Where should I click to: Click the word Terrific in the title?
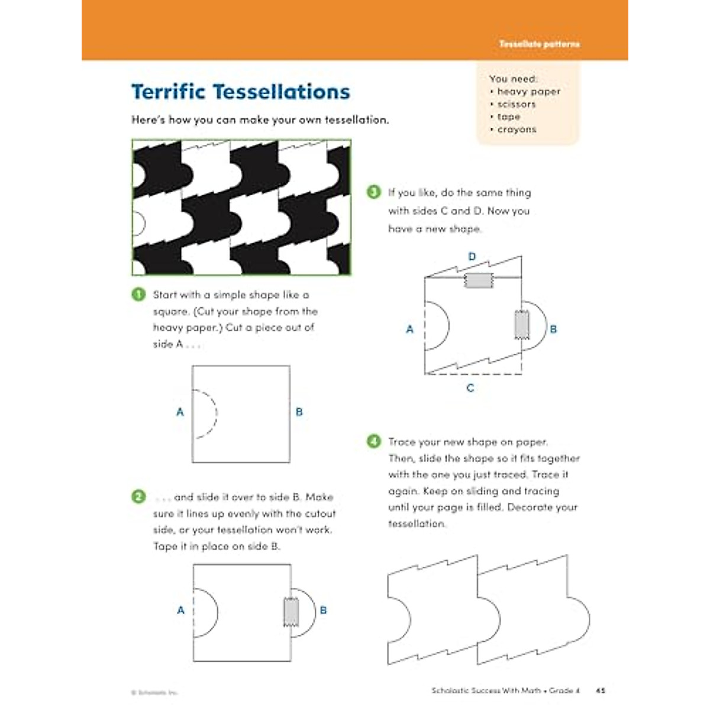(169, 92)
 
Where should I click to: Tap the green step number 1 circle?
(138, 295)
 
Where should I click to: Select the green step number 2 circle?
(138, 497)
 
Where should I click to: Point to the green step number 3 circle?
(374, 192)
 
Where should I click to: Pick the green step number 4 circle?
(374, 441)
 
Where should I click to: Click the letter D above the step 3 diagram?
(472, 257)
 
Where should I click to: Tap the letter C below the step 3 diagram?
(470, 388)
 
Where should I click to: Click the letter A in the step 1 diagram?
(180, 412)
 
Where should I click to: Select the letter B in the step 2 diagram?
(323, 610)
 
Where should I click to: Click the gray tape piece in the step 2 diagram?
(291, 612)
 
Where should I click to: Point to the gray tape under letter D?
(479, 280)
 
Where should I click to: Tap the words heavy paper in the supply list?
(528, 92)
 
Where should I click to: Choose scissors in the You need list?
(517, 104)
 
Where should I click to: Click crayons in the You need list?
(517, 130)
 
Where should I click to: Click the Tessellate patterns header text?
(539, 44)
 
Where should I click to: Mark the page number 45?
(601, 690)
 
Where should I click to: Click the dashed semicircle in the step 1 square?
(207, 414)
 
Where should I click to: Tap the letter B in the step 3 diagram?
(553, 329)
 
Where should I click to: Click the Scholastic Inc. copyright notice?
(154, 692)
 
